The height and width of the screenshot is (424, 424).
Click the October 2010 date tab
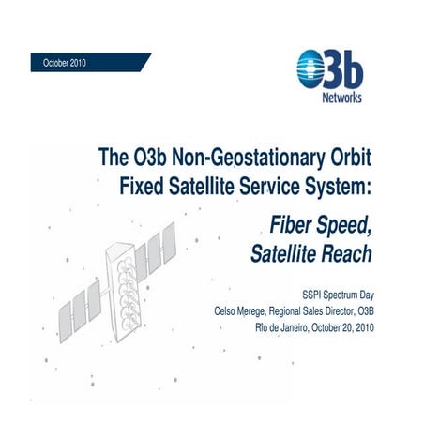[64, 61]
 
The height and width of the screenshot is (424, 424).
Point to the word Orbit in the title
[350, 155]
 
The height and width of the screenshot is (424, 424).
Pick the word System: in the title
[341, 184]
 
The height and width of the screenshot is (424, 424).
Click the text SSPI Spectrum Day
[331, 295]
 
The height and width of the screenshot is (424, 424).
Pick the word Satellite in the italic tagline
[286, 253]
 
